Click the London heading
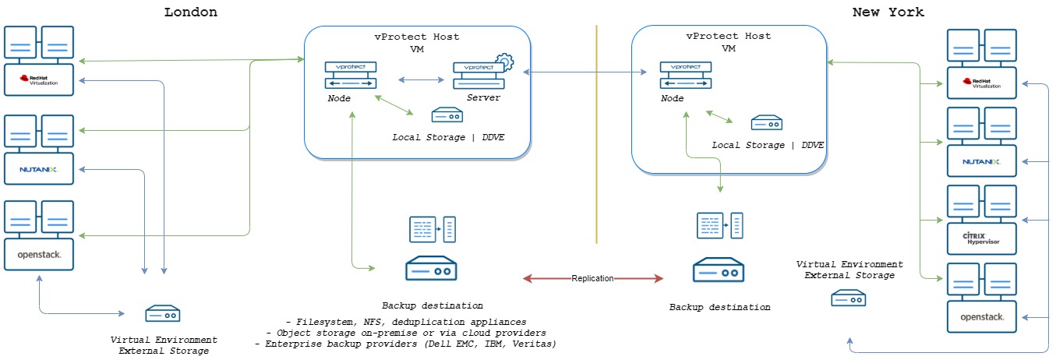(191, 12)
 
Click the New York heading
(888, 12)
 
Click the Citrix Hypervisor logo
(980, 237)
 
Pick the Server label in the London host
(483, 97)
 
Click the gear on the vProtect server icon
(503, 61)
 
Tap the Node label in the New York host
(672, 98)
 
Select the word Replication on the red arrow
(592, 278)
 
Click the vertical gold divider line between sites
(596, 132)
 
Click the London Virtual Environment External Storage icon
(163, 315)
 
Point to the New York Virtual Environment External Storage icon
(849, 298)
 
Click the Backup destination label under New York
(719, 307)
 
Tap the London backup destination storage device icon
(430, 269)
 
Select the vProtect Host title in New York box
(728, 37)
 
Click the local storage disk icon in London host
(447, 115)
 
